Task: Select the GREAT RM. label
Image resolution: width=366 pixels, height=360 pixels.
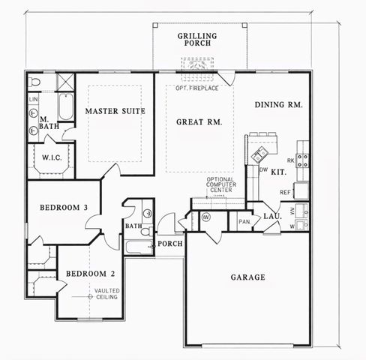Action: (199, 121)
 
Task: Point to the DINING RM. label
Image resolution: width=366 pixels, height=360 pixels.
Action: (278, 105)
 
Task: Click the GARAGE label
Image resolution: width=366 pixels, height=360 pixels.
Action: (247, 277)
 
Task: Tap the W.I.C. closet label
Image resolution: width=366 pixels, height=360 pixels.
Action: (51, 158)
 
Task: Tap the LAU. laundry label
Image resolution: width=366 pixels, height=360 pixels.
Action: (272, 217)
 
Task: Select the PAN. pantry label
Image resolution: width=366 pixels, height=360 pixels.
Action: (244, 221)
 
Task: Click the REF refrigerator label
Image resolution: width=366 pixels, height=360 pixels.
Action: (284, 192)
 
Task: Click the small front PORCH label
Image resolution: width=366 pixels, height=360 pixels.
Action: (165, 244)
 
